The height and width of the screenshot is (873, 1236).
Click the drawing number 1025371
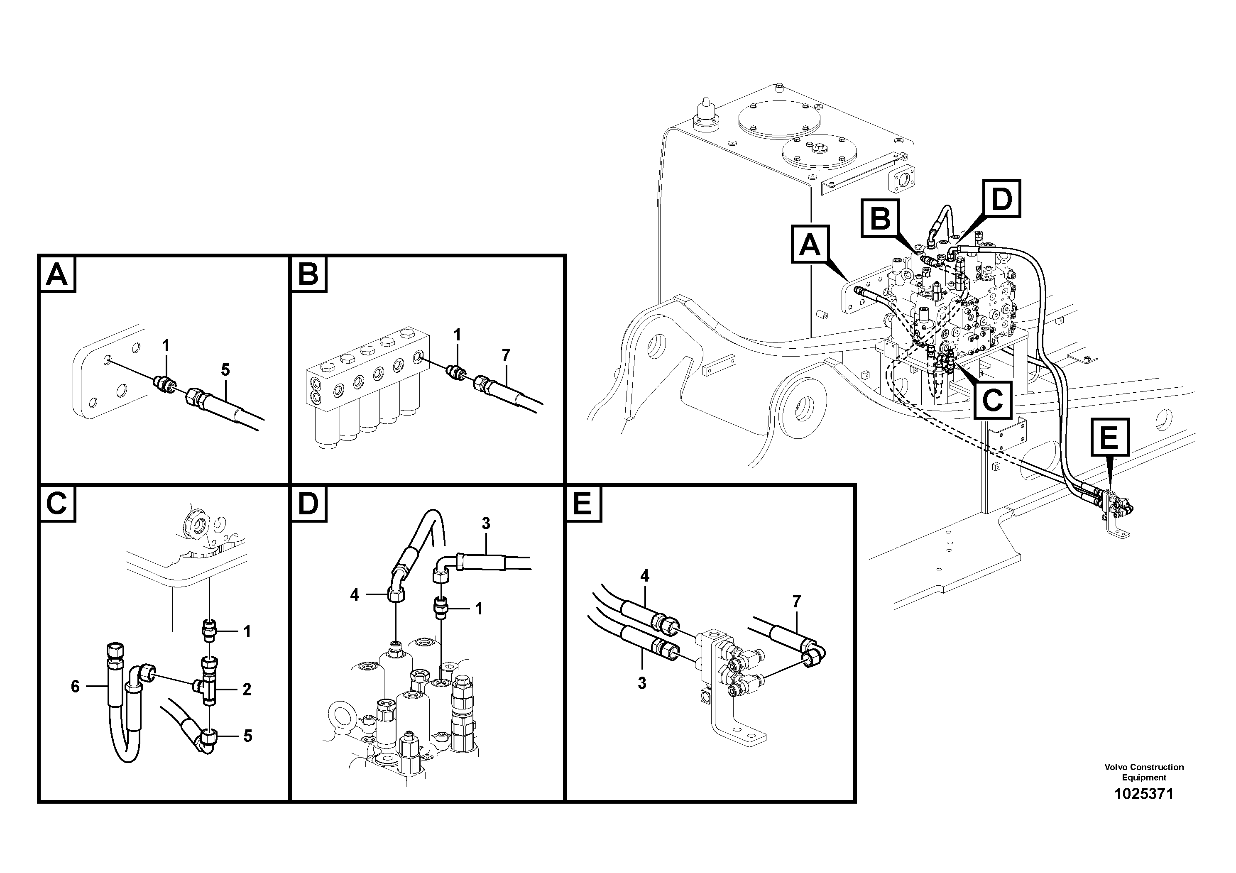(1143, 794)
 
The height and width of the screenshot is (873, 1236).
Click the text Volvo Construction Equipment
(1143, 772)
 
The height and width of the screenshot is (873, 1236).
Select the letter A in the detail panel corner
(57, 274)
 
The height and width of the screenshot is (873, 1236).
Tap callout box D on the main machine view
(1001, 199)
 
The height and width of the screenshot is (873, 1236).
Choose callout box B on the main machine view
(880, 218)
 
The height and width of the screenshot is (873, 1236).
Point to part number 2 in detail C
(247, 689)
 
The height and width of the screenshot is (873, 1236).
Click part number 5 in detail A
(225, 370)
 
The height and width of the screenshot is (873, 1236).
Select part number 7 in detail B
(506, 355)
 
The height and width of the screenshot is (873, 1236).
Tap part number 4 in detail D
(354, 595)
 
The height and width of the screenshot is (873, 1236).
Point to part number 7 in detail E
(796, 601)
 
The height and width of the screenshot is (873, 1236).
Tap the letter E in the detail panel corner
(583, 504)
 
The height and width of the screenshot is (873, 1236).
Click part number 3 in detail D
(486, 523)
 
